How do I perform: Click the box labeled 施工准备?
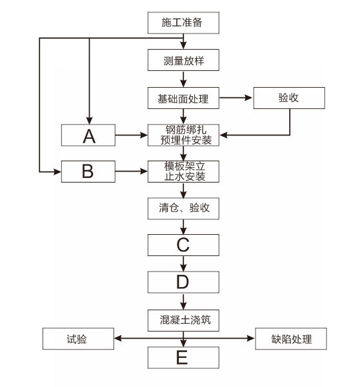click(183, 23)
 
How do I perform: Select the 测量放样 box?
click(183, 60)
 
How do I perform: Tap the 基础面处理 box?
click(183, 98)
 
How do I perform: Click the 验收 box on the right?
click(289, 98)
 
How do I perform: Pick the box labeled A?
click(88, 135)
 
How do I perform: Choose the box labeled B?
click(88, 172)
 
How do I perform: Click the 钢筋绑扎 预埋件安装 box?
click(183, 135)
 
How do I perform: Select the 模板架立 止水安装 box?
click(183, 172)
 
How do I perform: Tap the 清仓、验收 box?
click(183, 208)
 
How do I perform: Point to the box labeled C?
click(183, 245)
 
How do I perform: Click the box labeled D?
click(183, 282)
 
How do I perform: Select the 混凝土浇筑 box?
click(183, 321)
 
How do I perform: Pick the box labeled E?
click(183, 357)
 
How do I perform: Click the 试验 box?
click(78, 339)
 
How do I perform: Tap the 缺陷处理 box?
click(291, 339)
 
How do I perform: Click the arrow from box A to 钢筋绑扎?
click(132, 135)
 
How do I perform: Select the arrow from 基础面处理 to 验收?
click(236, 98)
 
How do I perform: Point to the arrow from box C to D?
click(183, 264)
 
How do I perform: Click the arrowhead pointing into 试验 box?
click(118, 338)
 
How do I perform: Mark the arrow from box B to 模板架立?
click(132, 171)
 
